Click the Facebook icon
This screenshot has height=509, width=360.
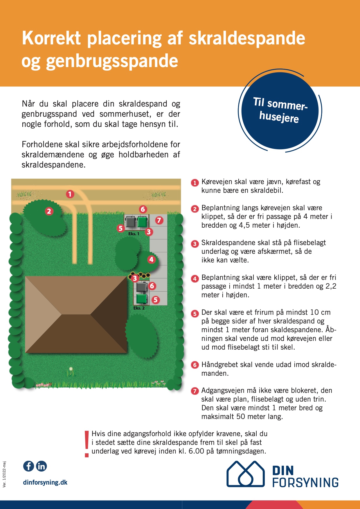tap(28, 466)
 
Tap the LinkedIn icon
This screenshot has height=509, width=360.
tap(41, 466)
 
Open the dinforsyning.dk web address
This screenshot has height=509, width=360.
tap(45, 482)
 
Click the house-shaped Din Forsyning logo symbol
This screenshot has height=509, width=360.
tap(246, 474)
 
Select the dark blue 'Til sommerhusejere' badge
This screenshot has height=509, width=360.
tap(280, 110)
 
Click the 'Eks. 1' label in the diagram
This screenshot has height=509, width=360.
tap(134, 234)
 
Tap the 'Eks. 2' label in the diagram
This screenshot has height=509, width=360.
tap(139, 308)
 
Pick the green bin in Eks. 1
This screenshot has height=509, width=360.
tap(142, 222)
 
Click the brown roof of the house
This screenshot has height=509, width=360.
tap(76, 314)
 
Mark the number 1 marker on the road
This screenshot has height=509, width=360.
tap(70, 194)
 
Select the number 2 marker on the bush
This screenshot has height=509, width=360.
tap(49, 211)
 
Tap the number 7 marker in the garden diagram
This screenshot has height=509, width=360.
tap(159, 220)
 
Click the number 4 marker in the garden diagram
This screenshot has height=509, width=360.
tap(151, 259)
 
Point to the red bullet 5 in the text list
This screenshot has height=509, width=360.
tap(195, 314)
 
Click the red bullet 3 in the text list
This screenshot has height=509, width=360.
tap(195, 244)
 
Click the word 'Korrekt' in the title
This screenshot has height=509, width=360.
tap(51, 38)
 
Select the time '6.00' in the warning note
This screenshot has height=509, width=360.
tap(196, 451)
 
